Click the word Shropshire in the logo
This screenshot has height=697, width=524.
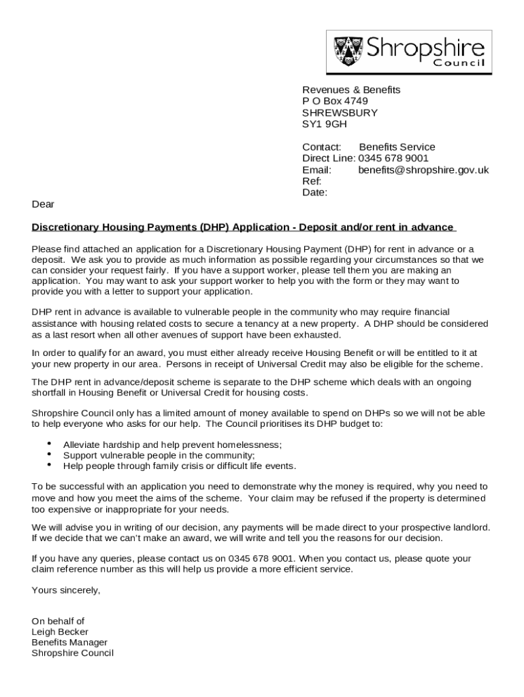426,48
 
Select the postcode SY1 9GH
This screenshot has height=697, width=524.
325,124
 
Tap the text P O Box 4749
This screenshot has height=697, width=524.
335,101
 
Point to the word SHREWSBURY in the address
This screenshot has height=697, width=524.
340,112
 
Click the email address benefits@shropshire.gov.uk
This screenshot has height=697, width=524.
423,170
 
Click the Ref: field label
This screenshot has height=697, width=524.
312,182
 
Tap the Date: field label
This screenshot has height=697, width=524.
314,193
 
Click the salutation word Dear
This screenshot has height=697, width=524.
43,204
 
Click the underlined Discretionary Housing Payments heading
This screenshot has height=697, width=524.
243,227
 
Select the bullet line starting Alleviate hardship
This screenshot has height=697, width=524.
172,444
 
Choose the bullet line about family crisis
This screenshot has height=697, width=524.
180,466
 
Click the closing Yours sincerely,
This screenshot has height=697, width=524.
66,590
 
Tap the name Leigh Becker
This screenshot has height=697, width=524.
60,632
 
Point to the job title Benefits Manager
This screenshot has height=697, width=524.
69,643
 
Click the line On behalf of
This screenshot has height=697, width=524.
58,621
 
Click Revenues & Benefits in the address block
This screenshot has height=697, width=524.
351,90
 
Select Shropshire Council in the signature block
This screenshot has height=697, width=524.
73,653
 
